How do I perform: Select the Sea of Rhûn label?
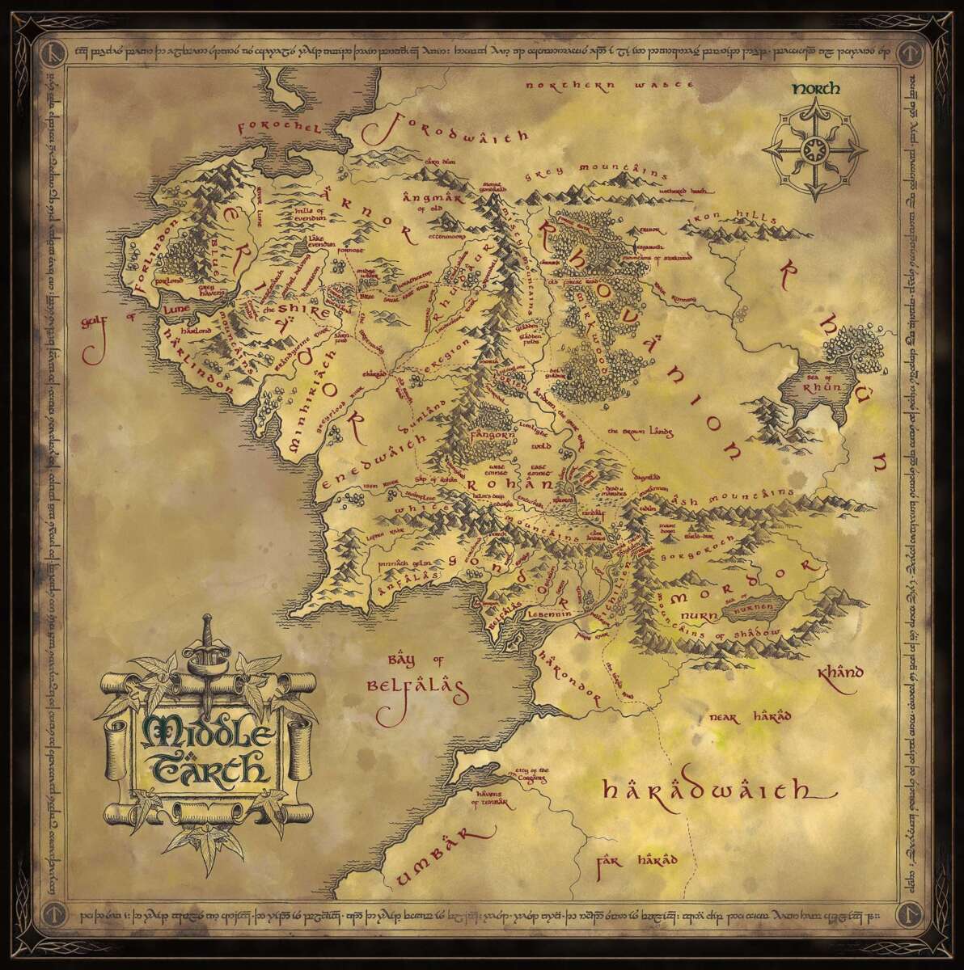click(832, 382)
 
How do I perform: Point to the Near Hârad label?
click(749, 716)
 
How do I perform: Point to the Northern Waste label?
click(610, 84)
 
